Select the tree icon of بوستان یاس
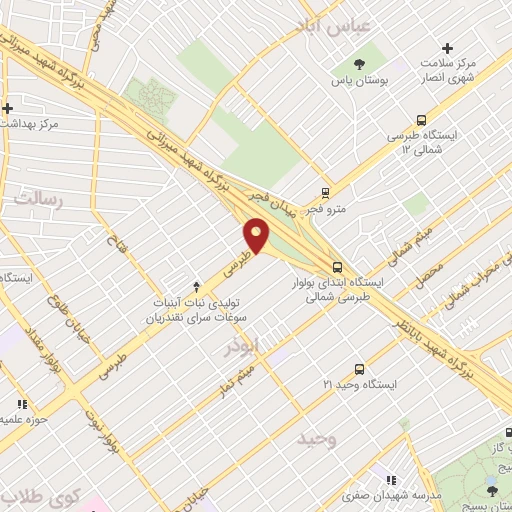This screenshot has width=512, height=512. click(x=359, y=54)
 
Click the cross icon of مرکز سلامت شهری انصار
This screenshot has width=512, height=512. click(x=447, y=48)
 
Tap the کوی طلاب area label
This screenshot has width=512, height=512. click(x=40, y=496)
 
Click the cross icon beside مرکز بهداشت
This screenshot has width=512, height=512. click(x=7, y=108)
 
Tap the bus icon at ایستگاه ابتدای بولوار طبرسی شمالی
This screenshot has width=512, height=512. click(x=338, y=267)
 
